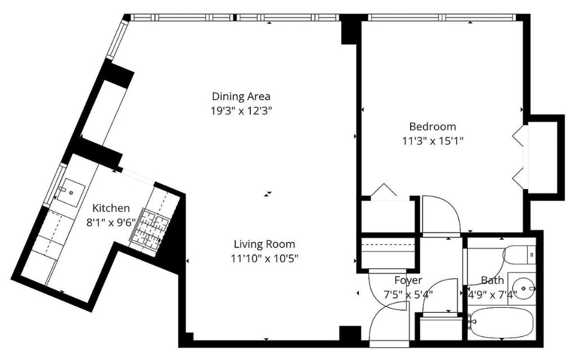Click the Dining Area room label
241,96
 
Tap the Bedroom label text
433,127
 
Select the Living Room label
264,244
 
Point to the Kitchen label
111,208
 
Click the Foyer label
408,280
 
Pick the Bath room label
492,280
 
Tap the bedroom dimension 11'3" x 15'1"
433,141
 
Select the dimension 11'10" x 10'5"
264,258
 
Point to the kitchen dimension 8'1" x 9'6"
111,223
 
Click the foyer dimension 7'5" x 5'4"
408,294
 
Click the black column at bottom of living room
350,334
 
